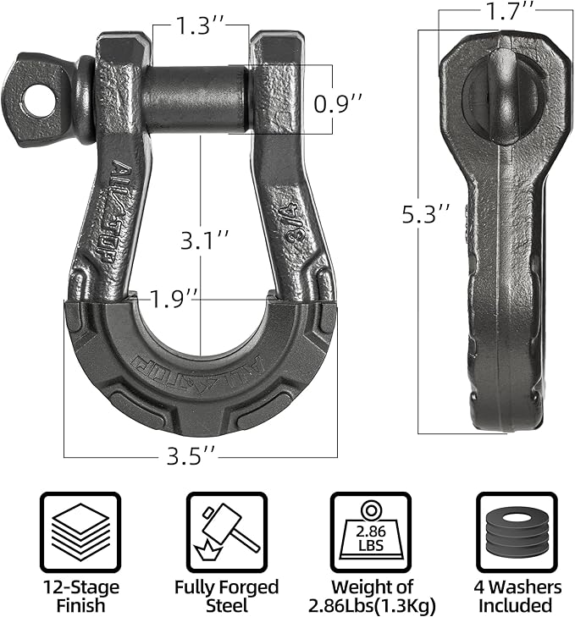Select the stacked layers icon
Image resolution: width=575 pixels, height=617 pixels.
point(80,532)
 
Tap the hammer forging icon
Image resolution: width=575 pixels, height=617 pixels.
point(225,532)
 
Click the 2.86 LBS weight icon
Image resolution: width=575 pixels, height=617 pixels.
point(370,532)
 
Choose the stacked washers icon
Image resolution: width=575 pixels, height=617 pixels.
point(515,532)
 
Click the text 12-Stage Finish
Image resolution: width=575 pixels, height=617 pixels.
point(80,596)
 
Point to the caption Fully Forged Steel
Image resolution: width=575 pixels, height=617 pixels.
point(225,596)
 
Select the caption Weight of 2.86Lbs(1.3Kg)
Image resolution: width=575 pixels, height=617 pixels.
point(370,596)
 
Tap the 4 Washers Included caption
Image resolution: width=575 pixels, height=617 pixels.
point(515,596)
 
